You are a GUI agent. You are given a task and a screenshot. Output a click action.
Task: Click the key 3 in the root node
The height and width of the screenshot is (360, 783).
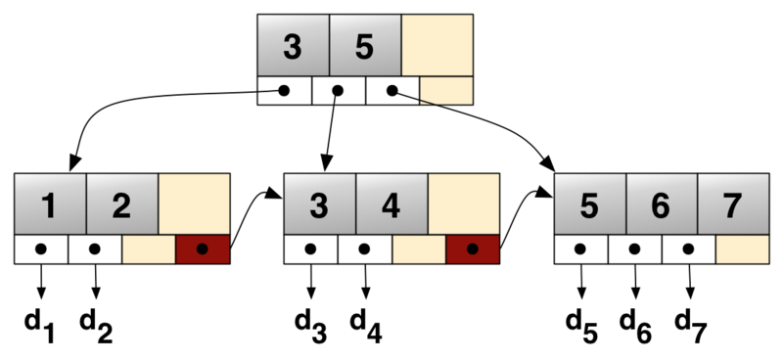click(x=293, y=46)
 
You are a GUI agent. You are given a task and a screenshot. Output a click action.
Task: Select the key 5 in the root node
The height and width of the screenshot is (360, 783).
click(x=365, y=46)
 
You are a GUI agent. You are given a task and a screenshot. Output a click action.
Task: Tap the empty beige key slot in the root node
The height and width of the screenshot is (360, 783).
click(x=438, y=46)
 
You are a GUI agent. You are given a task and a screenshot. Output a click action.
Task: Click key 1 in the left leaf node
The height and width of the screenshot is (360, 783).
click(x=50, y=204)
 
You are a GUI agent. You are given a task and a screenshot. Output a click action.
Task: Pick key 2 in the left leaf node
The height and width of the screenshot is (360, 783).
click(x=122, y=204)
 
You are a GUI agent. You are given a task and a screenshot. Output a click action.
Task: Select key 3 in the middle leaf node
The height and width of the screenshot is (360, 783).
click(x=319, y=204)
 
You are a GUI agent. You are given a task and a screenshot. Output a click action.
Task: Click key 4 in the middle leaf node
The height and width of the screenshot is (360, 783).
click(x=391, y=204)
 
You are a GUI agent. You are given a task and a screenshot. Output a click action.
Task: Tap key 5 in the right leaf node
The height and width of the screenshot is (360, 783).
click(x=589, y=204)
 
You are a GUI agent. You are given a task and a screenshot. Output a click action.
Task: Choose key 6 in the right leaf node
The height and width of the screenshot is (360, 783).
click(x=662, y=204)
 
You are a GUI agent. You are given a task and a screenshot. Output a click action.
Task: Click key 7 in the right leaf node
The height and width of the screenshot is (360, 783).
click(x=733, y=204)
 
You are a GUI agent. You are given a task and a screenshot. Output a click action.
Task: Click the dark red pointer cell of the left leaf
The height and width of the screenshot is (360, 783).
click(x=203, y=249)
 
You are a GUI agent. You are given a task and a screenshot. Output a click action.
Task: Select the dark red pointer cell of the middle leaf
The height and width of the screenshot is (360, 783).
click(x=473, y=249)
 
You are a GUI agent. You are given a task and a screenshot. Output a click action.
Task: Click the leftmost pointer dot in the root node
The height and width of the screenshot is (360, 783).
click(x=284, y=91)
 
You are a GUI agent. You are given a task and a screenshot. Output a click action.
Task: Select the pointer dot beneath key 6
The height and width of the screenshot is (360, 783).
click(x=634, y=249)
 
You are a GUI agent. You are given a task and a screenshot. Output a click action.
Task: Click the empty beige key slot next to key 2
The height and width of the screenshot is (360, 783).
click(x=195, y=204)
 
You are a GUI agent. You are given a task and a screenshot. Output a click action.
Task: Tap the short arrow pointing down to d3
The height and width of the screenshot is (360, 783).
click(x=311, y=283)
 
